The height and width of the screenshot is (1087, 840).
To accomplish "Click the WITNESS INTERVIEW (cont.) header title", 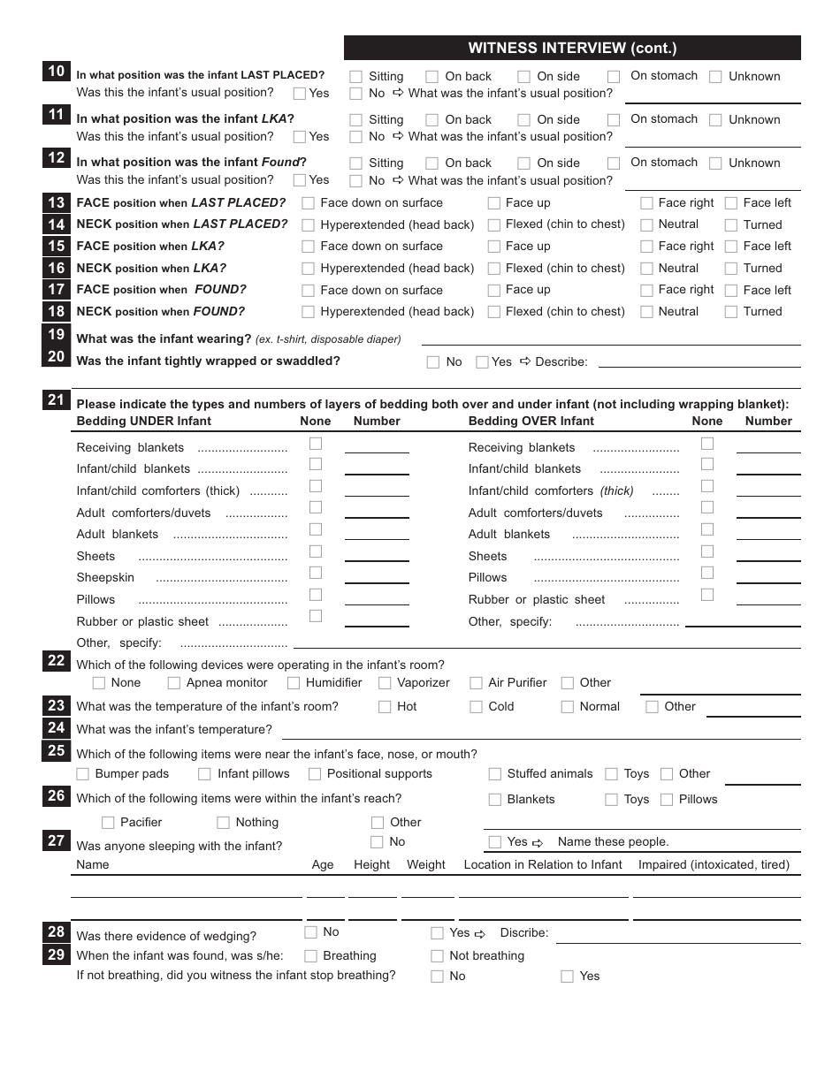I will pos(572,49).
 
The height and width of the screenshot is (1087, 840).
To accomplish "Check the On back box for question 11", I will pos(431,120).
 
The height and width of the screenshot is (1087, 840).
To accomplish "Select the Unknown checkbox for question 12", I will pos(715,163).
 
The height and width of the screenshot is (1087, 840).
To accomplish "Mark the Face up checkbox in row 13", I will pos(493,203).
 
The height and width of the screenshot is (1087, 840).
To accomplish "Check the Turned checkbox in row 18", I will pos(731,312).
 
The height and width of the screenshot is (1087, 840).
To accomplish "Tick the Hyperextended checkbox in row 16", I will pos(309,269).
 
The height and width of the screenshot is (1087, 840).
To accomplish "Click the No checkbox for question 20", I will pos(433,362).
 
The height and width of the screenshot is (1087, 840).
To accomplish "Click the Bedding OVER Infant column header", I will pos(531,422).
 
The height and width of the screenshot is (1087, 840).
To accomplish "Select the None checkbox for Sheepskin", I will pos(316,573).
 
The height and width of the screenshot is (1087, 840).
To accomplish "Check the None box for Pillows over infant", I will pos(707,573).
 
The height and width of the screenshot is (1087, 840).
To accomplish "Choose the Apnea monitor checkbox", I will pos(174,683).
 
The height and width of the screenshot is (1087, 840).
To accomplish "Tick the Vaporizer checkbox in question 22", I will pos(385,683).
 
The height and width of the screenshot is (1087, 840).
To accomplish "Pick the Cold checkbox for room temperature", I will pos(476,707).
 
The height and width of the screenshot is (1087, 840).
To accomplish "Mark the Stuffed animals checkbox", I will pos(495,774).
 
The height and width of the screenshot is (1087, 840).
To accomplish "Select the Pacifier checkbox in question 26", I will pos(109,823).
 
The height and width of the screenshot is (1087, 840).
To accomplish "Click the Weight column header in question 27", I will pos(425,865).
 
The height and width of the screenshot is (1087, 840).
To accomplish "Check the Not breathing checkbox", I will pos(437,956).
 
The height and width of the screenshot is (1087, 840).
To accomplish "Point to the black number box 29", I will pos(56,954).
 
